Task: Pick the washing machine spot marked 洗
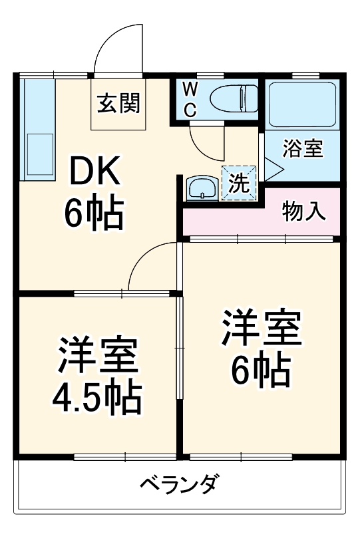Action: [238, 182]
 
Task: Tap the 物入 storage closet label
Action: [303, 211]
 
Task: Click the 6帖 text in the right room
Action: [261, 368]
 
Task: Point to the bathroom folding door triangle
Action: [273, 167]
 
